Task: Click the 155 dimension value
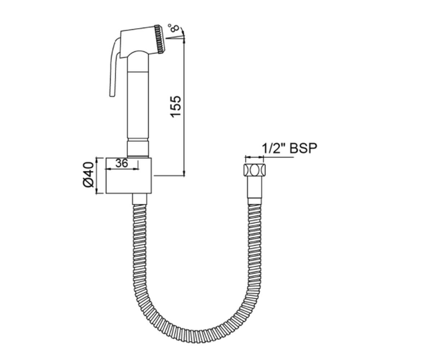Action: point(176,107)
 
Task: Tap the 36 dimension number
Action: point(122,163)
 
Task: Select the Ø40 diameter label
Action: point(89,175)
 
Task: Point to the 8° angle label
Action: point(174,28)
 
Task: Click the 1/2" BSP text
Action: point(289,148)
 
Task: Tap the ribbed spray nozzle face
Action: point(159,39)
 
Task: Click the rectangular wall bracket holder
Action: point(129,176)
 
